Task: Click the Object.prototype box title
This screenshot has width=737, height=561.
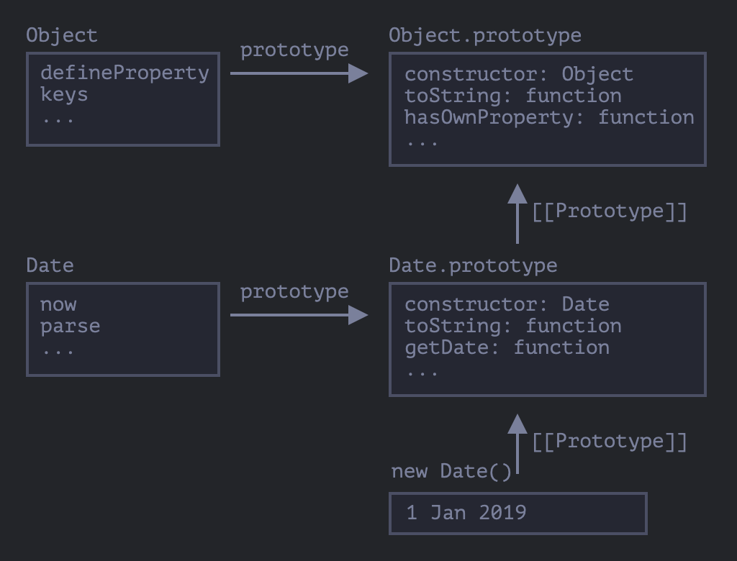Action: pyautogui.click(x=484, y=35)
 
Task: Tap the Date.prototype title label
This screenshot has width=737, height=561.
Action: pyautogui.click(x=473, y=265)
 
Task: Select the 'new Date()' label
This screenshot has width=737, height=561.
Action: pyautogui.click(x=451, y=472)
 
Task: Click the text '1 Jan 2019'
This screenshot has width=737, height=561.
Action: pyautogui.click(x=466, y=513)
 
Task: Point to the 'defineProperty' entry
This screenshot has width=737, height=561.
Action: pyautogui.click(x=125, y=73)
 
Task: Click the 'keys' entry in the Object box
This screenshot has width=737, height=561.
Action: pyautogui.click(x=64, y=94)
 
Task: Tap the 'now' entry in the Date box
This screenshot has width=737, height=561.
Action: pyautogui.click(x=58, y=304)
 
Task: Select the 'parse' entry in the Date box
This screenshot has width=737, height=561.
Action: pyautogui.click(x=70, y=326)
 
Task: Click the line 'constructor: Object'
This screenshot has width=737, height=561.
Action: pyautogui.click(x=518, y=74)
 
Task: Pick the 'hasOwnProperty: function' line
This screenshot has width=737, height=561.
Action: pyautogui.click(x=549, y=117)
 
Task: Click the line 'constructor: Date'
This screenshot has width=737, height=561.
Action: pyautogui.click(x=507, y=304)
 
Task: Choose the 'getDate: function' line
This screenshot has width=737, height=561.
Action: pyautogui.click(x=507, y=347)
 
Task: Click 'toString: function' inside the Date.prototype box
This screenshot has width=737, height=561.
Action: pyautogui.click(x=512, y=326)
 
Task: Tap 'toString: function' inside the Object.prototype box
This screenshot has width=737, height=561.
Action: pyautogui.click(x=512, y=96)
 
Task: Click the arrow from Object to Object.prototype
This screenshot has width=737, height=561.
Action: pyautogui.click(x=298, y=73)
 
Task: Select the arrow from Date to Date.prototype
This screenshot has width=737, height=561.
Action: pyautogui.click(x=298, y=314)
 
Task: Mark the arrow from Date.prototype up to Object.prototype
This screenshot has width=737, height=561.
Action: pyautogui.click(x=517, y=214)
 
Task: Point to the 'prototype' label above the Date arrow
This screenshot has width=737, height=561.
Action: pyautogui.click(x=294, y=292)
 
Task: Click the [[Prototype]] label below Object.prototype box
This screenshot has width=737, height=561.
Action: pyautogui.click(x=610, y=211)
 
